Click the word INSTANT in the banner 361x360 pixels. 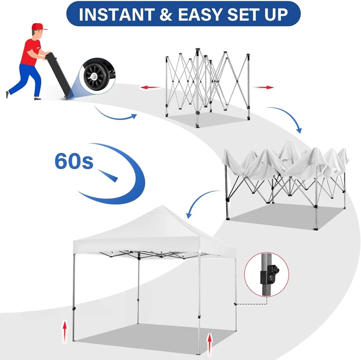[117, 14]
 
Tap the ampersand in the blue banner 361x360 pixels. [166, 14]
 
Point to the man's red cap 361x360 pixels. [39, 26]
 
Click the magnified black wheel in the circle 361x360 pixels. [95, 76]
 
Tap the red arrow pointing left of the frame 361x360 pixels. [150, 87]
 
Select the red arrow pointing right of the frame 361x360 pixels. [264, 87]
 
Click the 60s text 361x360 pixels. [74, 161]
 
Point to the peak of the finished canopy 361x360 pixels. [162, 206]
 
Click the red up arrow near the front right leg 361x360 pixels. [209, 345]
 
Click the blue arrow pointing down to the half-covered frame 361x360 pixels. [288, 116]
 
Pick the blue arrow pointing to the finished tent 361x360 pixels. [198, 199]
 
